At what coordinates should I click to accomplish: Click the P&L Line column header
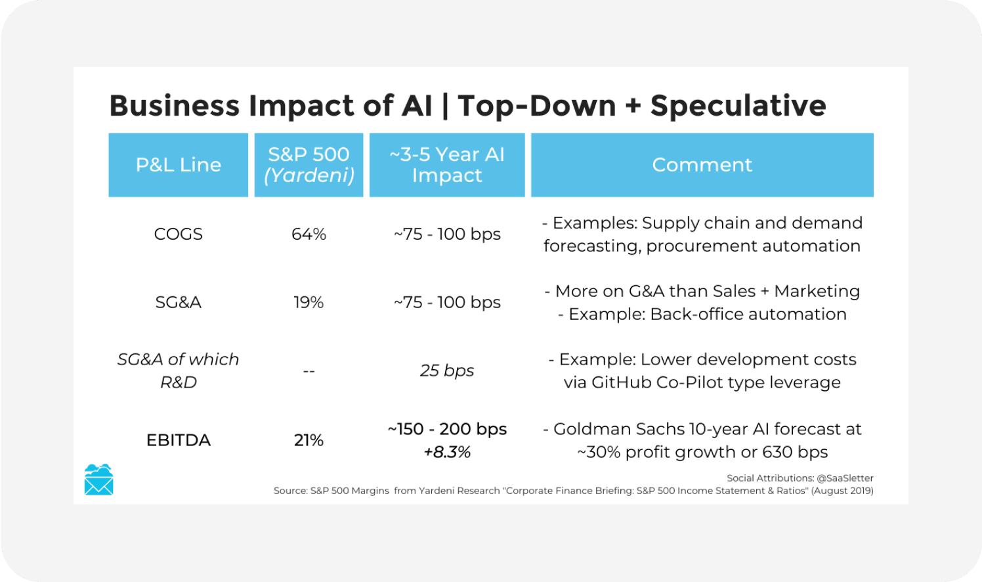pyautogui.click(x=178, y=165)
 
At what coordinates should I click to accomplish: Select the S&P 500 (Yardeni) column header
pyautogui.click(x=309, y=165)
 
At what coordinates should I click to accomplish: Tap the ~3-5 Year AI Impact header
pyautogui.click(x=447, y=165)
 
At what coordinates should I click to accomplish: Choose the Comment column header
pyautogui.click(x=702, y=165)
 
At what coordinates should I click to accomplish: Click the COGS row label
pyautogui.click(x=178, y=235)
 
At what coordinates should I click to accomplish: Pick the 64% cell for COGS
pyautogui.click(x=309, y=235)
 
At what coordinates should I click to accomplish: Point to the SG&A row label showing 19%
pyautogui.click(x=178, y=303)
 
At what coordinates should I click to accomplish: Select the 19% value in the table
pyautogui.click(x=309, y=303)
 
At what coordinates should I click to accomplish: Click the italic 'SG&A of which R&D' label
pyautogui.click(x=178, y=370)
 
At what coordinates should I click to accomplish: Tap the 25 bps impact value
pyautogui.click(x=447, y=370)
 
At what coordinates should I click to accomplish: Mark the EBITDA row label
pyautogui.click(x=178, y=440)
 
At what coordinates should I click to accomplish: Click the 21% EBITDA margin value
pyautogui.click(x=309, y=440)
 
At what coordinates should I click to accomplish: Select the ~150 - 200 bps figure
pyautogui.click(x=447, y=429)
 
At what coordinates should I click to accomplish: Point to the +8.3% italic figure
pyautogui.click(x=447, y=452)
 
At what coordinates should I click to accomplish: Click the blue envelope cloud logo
pyautogui.click(x=99, y=480)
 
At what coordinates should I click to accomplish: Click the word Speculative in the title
pyautogui.click(x=738, y=106)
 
